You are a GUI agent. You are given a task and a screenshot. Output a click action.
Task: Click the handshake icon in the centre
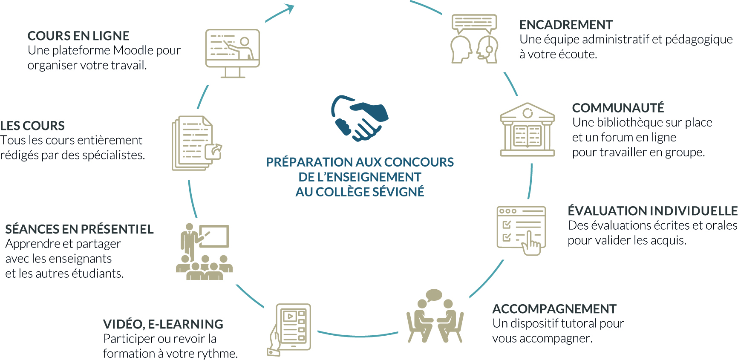360,118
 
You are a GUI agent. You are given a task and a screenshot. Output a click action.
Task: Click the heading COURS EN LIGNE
78,36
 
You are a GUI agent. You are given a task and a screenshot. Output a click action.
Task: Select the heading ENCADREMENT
566,25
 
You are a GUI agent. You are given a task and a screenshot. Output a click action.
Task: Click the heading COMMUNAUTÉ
618,108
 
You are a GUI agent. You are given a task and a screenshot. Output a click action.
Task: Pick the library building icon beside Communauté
528,130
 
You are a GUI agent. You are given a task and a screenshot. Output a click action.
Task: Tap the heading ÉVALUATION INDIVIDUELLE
652,211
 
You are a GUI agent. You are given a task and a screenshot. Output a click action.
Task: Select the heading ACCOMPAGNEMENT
554,309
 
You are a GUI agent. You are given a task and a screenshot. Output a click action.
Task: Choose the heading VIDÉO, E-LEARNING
163,324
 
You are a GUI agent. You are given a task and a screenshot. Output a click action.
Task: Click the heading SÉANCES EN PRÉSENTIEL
79,229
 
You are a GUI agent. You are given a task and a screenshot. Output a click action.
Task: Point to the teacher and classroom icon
204,251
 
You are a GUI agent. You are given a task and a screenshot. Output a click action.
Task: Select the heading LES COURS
32,126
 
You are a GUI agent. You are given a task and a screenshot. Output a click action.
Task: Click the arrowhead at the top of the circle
290,8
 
